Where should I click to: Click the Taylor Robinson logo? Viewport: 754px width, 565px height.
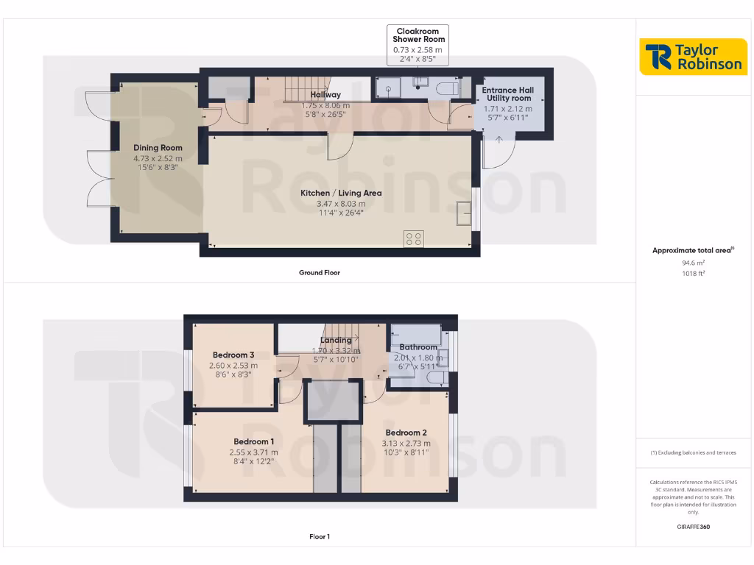(x=693, y=57)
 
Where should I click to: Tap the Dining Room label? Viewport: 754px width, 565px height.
(x=158, y=148)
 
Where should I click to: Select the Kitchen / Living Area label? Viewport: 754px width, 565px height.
(x=341, y=193)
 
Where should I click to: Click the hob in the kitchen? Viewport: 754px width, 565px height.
(x=414, y=238)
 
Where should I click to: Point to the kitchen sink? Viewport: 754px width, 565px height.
(x=464, y=212)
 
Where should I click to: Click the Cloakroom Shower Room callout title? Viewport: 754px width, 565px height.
(x=418, y=35)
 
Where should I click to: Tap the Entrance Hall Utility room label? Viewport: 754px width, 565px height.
(x=507, y=94)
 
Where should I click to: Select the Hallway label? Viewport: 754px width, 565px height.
(x=325, y=95)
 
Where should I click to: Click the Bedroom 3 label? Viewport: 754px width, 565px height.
(x=233, y=355)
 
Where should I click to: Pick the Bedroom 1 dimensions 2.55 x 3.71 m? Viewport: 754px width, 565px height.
(x=253, y=452)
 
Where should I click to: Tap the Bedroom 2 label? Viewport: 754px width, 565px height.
(x=406, y=433)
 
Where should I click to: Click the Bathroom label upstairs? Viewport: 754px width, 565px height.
(x=418, y=347)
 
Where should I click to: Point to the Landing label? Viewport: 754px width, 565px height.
(x=336, y=340)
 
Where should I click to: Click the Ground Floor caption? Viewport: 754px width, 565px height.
(x=319, y=273)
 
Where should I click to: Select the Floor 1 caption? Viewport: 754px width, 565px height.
(x=319, y=537)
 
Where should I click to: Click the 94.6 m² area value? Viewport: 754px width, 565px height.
(x=692, y=262)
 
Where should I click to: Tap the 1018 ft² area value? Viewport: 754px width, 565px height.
(x=692, y=273)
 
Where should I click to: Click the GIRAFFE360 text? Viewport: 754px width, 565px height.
(x=692, y=527)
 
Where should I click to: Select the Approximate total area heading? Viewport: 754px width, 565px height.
(x=691, y=251)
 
